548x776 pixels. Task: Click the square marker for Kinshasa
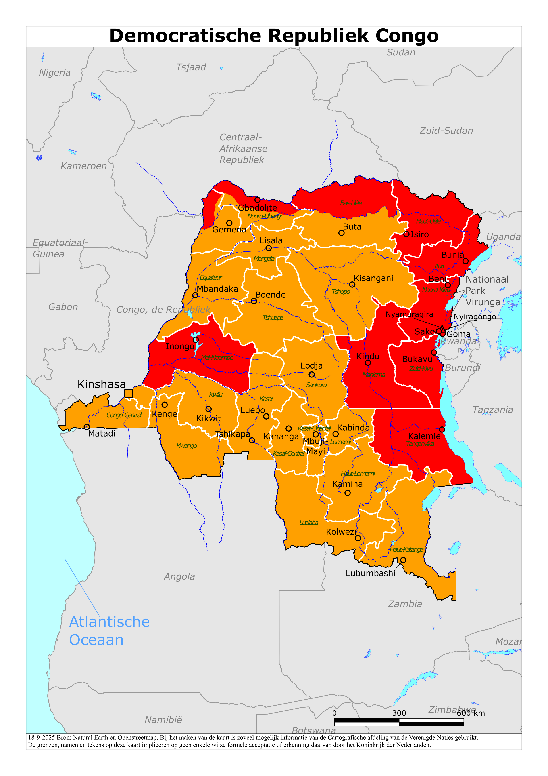(129, 393)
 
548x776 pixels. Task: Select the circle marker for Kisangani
(352, 285)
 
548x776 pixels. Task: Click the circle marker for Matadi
(87, 427)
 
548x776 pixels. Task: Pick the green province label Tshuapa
(273, 317)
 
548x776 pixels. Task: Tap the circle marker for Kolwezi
(358, 538)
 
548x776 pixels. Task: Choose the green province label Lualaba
(309, 523)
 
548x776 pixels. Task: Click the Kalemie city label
(424, 436)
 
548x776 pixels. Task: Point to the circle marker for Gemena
(229, 223)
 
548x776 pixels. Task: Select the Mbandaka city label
(217, 289)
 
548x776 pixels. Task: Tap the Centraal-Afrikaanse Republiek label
(243, 148)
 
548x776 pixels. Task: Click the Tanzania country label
(493, 410)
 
